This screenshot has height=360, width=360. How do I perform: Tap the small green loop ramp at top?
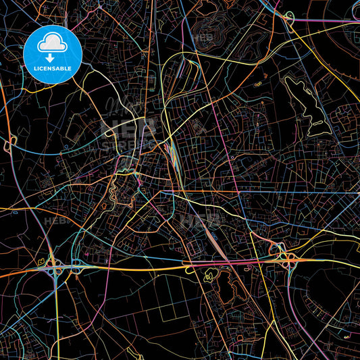(x=288, y=18)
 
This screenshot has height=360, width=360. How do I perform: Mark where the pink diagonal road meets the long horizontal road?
(x=240, y=192)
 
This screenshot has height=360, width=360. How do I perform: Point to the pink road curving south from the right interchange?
(x=297, y=284)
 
